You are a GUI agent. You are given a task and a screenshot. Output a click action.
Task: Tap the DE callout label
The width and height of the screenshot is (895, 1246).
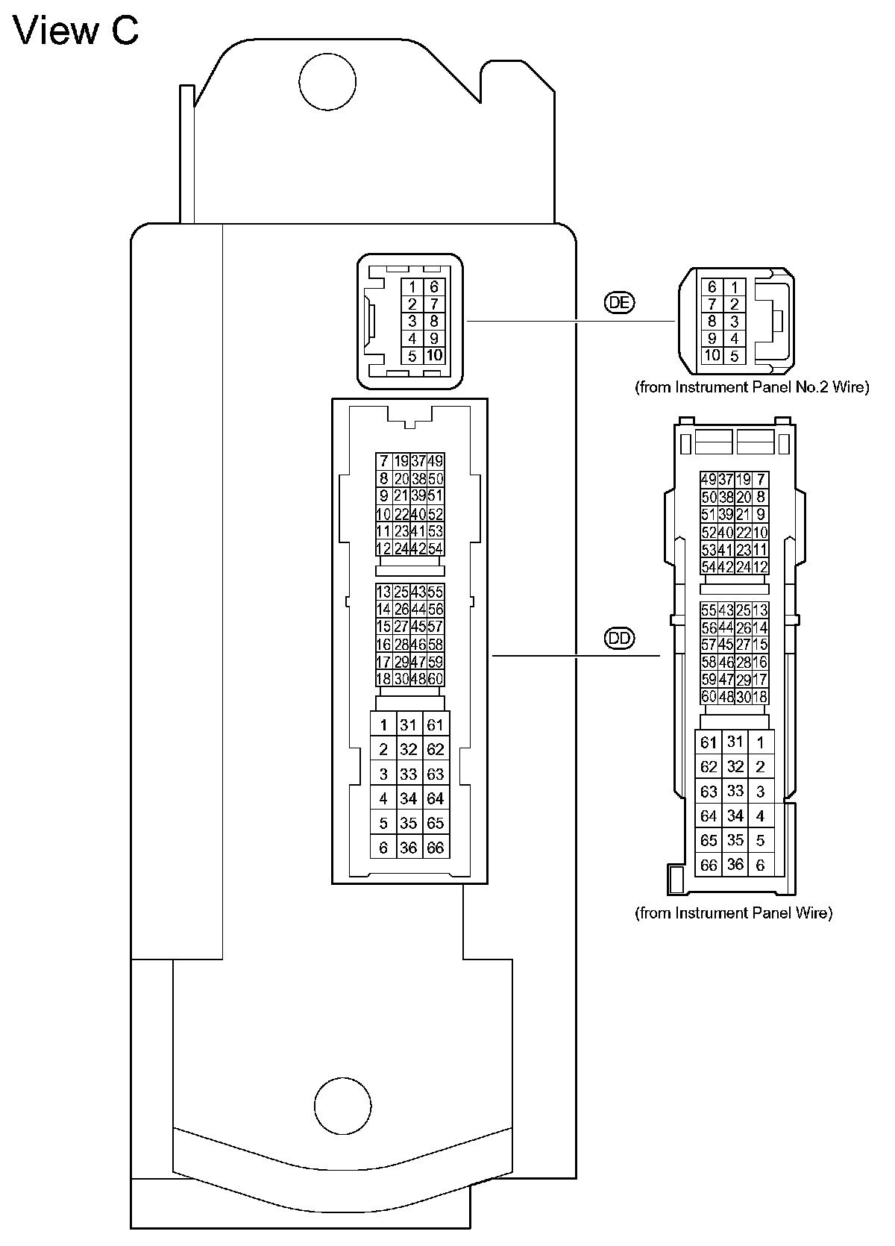tap(618, 302)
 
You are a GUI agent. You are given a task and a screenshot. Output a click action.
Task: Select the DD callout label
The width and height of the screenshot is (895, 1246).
tap(619, 639)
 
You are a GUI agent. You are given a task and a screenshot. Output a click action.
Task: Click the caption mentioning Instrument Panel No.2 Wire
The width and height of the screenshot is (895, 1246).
tap(752, 387)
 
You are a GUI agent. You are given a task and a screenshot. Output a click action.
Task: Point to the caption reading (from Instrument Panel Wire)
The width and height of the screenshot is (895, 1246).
tap(733, 912)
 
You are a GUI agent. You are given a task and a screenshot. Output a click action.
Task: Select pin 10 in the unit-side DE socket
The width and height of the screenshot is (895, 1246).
tap(434, 356)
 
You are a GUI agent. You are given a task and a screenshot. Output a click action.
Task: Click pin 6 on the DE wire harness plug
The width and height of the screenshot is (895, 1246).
tap(712, 287)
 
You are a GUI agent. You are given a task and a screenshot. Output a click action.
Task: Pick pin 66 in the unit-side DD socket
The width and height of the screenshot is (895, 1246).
tap(436, 848)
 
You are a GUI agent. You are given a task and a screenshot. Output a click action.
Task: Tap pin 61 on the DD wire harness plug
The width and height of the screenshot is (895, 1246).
tap(709, 742)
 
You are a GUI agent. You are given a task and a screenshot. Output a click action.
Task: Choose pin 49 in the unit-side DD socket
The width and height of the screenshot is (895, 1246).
tap(436, 461)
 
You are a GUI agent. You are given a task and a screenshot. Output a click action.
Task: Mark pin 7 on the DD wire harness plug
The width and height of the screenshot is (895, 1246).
tap(760, 479)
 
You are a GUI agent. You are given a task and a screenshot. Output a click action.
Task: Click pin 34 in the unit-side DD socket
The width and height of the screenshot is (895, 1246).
tap(408, 798)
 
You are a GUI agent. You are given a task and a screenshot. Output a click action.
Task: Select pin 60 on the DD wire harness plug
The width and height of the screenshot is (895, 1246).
tap(709, 697)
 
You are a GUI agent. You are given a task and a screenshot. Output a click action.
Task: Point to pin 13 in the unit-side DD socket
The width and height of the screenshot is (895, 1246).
tap(383, 592)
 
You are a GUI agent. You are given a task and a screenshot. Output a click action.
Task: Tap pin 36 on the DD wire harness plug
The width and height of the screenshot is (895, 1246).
tap(735, 865)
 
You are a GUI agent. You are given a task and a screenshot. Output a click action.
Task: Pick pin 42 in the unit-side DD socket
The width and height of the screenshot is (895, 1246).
tap(418, 548)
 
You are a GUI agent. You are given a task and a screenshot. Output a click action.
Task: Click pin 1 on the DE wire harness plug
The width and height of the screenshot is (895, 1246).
tap(735, 287)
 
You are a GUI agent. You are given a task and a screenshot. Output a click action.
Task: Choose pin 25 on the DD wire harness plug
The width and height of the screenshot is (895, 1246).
tap(743, 610)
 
